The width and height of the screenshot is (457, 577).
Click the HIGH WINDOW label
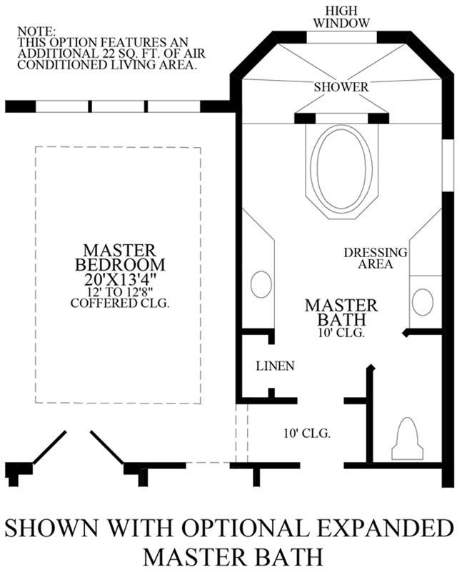[341, 17]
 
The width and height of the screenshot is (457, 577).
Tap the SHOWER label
[341, 87]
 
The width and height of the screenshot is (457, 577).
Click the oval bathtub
[341, 172]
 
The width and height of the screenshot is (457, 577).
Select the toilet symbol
[407, 438]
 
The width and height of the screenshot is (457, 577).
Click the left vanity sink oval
[261, 284]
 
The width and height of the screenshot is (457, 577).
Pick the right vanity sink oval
[423, 302]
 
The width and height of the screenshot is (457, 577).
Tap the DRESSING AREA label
[376, 259]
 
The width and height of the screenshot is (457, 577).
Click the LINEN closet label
[275, 366]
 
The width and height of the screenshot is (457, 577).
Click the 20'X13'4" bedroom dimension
[120, 280]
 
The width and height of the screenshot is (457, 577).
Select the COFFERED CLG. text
[120, 303]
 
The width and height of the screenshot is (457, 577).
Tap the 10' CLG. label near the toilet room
[307, 433]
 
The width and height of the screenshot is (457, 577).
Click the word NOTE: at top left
[36, 31]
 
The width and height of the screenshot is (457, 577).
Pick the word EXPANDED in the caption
[384, 528]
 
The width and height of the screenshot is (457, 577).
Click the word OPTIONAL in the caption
[245, 528]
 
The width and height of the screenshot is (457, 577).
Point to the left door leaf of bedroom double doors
[50, 447]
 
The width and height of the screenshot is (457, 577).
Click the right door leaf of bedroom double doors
[107, 447]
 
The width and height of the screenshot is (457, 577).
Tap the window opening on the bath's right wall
[448, 165]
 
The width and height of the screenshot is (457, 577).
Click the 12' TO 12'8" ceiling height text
[120, 292]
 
